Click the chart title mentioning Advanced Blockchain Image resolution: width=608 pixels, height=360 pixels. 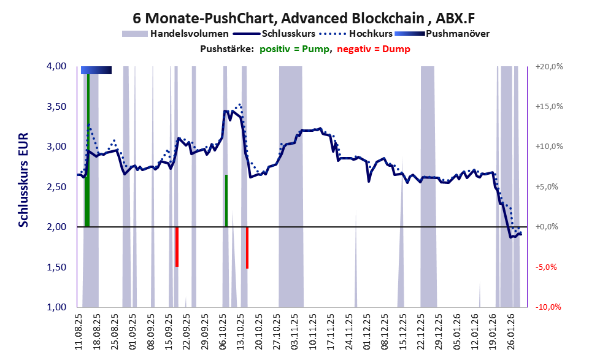point(303,19)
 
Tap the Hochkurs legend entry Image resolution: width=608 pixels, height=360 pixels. point(368,33)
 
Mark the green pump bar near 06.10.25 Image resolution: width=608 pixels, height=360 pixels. point(226,201)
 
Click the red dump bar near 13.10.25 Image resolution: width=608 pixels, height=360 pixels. point(247,247)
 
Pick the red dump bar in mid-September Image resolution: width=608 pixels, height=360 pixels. point(177,247)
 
